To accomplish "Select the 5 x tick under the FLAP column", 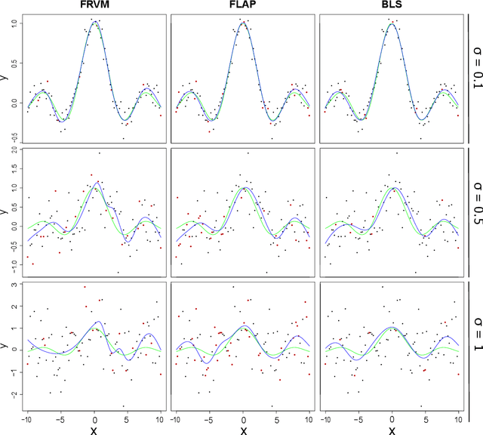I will point(275,419).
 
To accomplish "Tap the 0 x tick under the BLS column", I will point(392,419).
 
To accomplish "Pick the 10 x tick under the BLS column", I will point(457,419).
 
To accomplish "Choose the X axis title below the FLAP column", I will point(243,430).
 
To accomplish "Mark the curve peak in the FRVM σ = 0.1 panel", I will point(94,22).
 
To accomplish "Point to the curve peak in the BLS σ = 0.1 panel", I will point(392,23).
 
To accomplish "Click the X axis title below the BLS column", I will point(392,430).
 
